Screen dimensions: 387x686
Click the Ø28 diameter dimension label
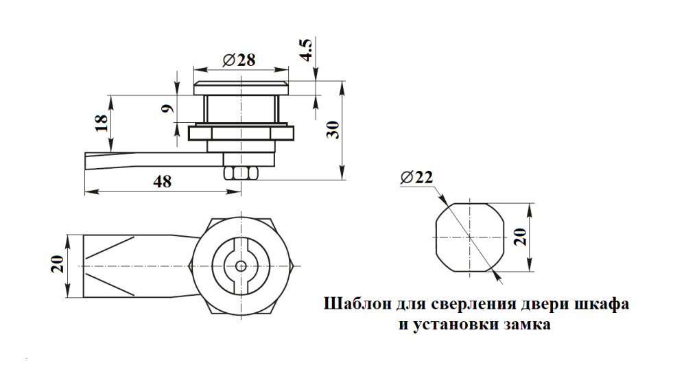pyautogui.click(x=239, y=60)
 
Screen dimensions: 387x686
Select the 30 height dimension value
pyautogui.click(x=333, y=130)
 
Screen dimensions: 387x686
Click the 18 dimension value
pyautogui.click(x=101, y=122)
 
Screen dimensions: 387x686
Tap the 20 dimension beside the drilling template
pyautogui.click(x=521, y=237)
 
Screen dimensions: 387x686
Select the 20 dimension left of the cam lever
pyautogui.click(x=58, y=265)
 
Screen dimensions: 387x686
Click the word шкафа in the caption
pyautogui.click(x=605, y=304)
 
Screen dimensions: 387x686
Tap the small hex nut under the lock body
pyautogui.click(x=240, y=172)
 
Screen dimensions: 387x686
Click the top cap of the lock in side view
pyautogui.click(x=241, y=87)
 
